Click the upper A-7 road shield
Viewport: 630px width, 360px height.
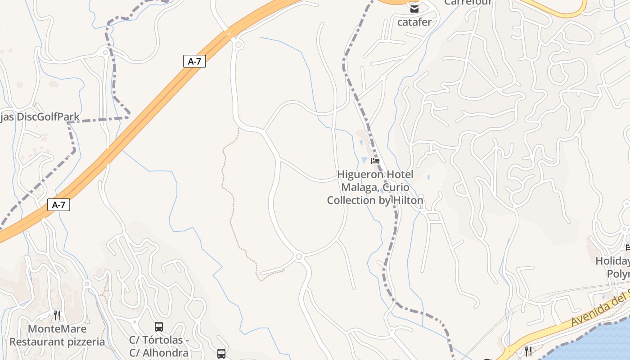pyautogui.click(x=194, y=61)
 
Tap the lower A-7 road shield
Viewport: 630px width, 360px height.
pyautogui.click(x=58, y=205)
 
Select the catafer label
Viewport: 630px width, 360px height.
pyautogui.click(x=414, y=22)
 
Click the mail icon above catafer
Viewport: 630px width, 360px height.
pyautogui.click(x=414, y=8)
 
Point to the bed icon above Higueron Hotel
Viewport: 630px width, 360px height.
pyautogui.click(x=375, y=161)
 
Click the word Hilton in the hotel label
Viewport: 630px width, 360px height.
pyautogui.click(x=407, y=200)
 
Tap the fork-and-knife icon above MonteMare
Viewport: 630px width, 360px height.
pyautogui.click(x=57, y=315)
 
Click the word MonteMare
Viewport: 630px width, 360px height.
pyautogui.click(x=57, y=329)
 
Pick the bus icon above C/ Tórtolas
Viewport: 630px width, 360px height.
pyautogui.click(x=159, y=327)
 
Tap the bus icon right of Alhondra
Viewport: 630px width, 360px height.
pyautogui.click(x=221, y=354)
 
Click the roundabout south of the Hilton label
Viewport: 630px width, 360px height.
pyautogui.click(x=299, y=256)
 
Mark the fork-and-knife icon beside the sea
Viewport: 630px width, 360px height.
pyautogui.click(x=528, y=351)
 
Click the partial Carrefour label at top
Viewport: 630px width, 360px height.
pyautogui.click(x=468, y=2)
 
